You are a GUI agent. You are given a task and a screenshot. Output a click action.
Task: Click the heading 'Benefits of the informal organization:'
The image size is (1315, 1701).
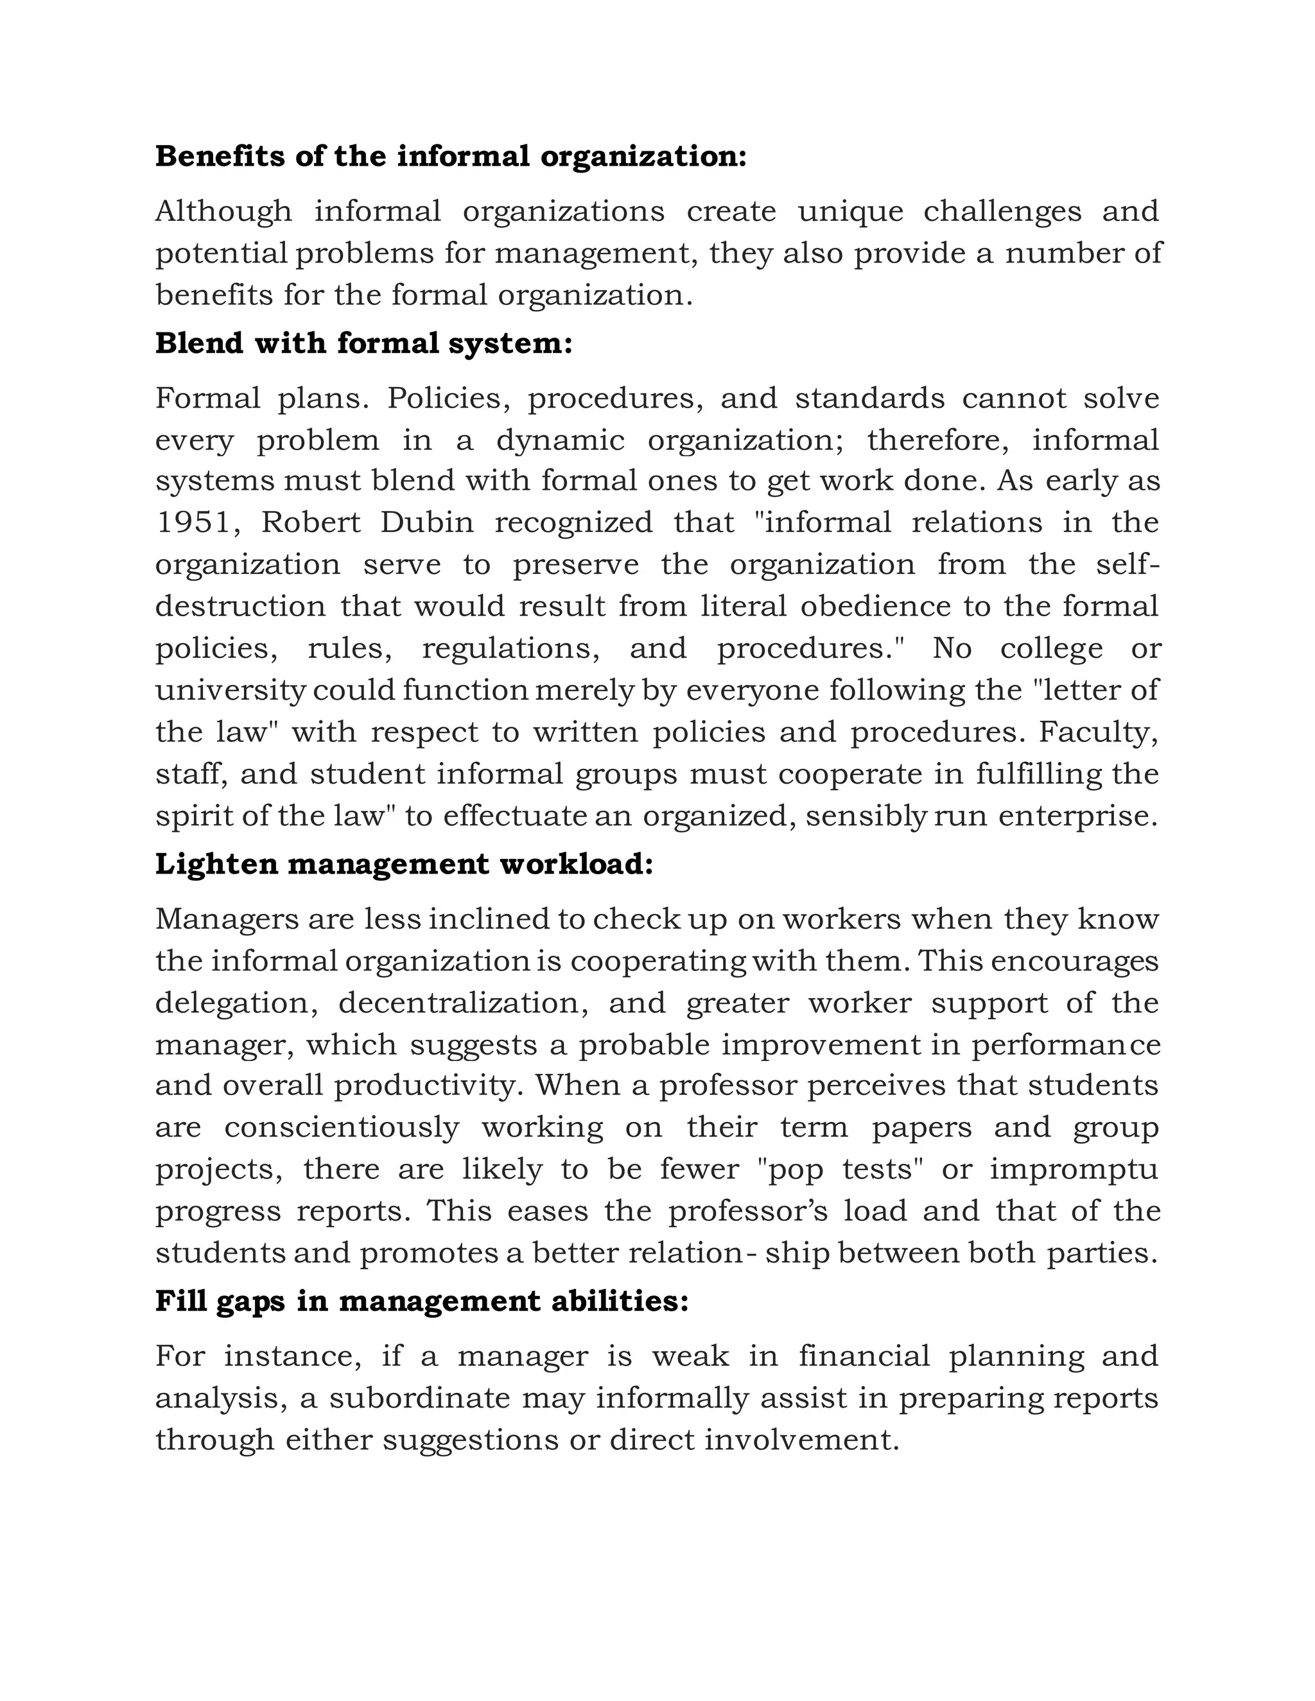[450, 157]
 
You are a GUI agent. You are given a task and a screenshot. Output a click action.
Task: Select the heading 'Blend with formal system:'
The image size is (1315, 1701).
[364, 343]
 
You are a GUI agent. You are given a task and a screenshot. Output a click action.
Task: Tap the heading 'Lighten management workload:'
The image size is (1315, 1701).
[403, 864]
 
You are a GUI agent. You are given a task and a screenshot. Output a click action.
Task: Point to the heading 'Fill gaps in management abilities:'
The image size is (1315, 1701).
[421, 1302]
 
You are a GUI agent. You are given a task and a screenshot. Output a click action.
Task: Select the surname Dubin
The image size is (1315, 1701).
[427, 522]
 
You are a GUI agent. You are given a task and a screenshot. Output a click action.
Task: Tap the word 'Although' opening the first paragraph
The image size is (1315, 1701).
[223, 212]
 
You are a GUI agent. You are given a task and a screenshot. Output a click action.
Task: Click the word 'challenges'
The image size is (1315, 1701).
[1002, 212]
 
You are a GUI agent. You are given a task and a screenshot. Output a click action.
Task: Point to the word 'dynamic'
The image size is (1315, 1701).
[560, 441]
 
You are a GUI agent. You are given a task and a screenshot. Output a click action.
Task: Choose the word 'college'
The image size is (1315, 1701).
[1052, 649]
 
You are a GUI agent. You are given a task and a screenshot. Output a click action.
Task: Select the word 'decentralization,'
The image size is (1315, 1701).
[464, 1003]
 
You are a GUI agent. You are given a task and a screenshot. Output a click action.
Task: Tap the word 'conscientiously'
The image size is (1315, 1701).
[341, 1128]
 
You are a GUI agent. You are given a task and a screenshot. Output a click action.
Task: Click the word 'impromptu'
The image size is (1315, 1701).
[1074, 1170]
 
